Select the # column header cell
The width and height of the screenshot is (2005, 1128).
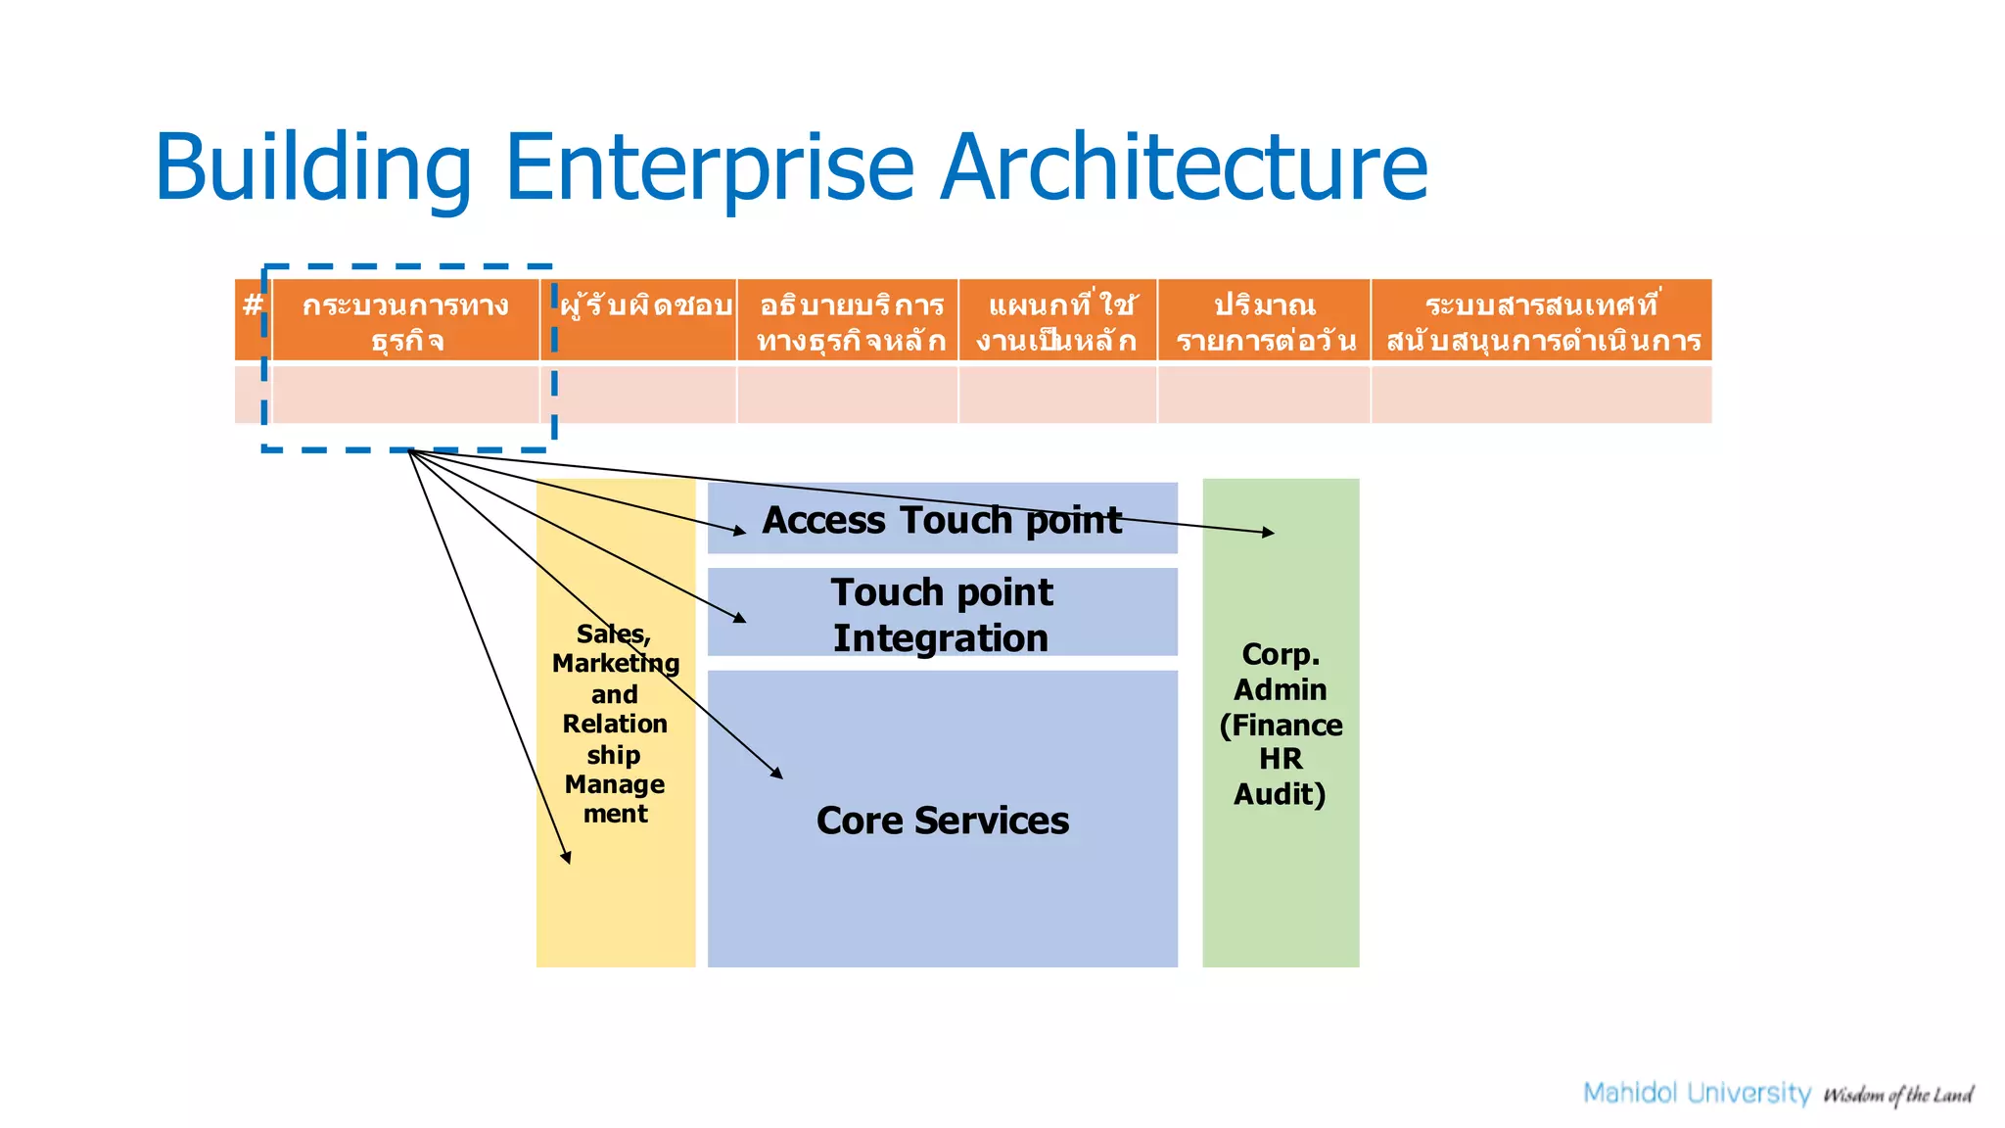click(x=253, y=319)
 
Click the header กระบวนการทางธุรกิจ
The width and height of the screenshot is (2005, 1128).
click(x=405, y=321)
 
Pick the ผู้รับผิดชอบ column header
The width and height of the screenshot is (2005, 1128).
click(x=645, y=319)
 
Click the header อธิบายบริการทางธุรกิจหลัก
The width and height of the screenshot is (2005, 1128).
click(x=849, y=321)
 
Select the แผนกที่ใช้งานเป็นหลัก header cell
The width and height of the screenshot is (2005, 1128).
click(x=1058, y=321)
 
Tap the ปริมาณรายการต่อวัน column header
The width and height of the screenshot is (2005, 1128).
click(x=1264, y=321)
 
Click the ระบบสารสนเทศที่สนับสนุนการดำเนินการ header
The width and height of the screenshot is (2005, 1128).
click(x=1542, y=321)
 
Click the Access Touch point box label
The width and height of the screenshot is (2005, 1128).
click(x=942, y=520)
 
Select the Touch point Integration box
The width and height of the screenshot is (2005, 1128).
click(x=942, y=614)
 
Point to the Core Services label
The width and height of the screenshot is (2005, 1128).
click(x=942, y=821)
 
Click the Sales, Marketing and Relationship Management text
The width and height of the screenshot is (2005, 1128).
click(x=615, y=724)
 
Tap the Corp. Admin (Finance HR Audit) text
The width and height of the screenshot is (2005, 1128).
click(x=1281, y=724)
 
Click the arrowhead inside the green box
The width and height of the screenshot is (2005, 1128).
click(x=1270, y=532)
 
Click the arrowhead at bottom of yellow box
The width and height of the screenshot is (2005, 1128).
click(x=567, y=858)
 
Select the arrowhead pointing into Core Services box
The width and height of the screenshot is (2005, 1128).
click(x=777, y=774)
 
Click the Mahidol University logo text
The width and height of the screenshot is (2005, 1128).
click(x=1697, y=1093)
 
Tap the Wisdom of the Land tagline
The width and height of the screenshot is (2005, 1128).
click(x=1897, y=1095)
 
